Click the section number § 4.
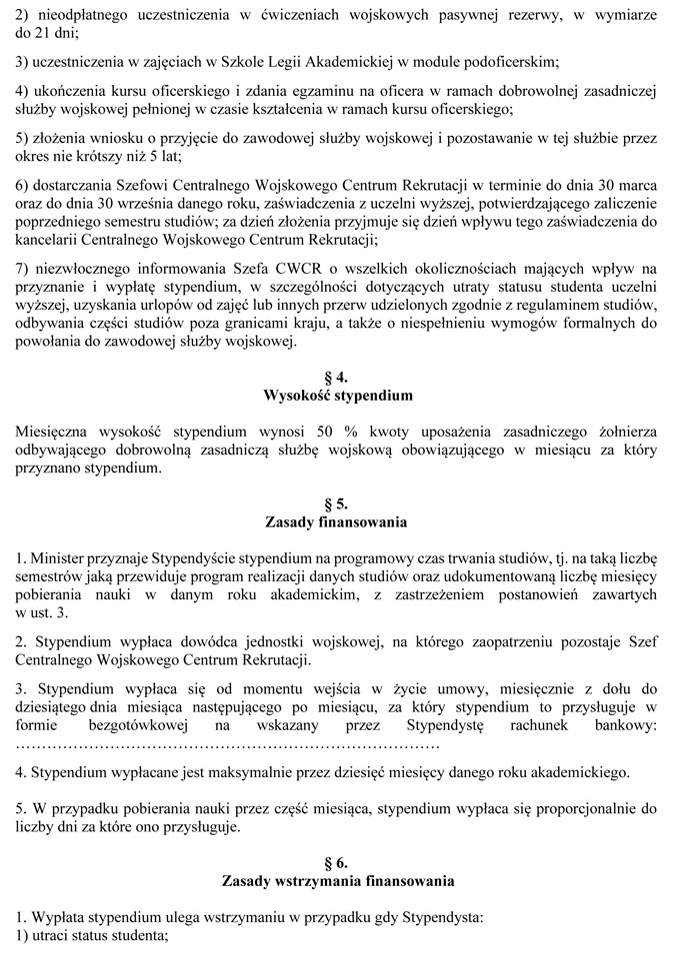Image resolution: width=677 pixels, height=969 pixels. click(337, 378)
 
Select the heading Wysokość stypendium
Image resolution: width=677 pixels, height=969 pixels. click(337, 396)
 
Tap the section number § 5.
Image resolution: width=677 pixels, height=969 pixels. click(337, 503)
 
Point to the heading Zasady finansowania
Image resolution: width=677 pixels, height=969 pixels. click(337, 521)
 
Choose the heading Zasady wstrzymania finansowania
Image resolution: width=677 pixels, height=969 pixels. click(337, 881)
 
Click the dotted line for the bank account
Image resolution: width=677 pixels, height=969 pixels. click(229, 744)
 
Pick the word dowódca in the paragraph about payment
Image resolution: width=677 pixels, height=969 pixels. click(198, 641)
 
